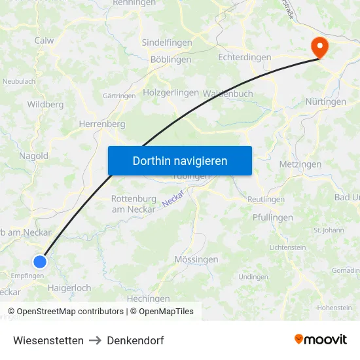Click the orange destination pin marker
point(319,47)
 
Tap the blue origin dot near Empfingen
point(40,262)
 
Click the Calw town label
point(45,41)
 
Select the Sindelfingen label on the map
point(168,43)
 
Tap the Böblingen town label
point(171,60)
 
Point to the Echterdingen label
point(244,58)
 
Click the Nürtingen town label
point(325,102)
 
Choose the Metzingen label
point(300,164)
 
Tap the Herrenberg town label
point(101,124)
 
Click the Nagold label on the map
point(34,156)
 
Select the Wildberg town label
point(45,104)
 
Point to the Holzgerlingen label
point(171,93)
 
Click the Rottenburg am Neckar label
point(134,204)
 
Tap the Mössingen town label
point(196,260)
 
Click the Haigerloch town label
point(69,287)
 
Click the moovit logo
point(321,339)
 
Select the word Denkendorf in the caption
point(135,340)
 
